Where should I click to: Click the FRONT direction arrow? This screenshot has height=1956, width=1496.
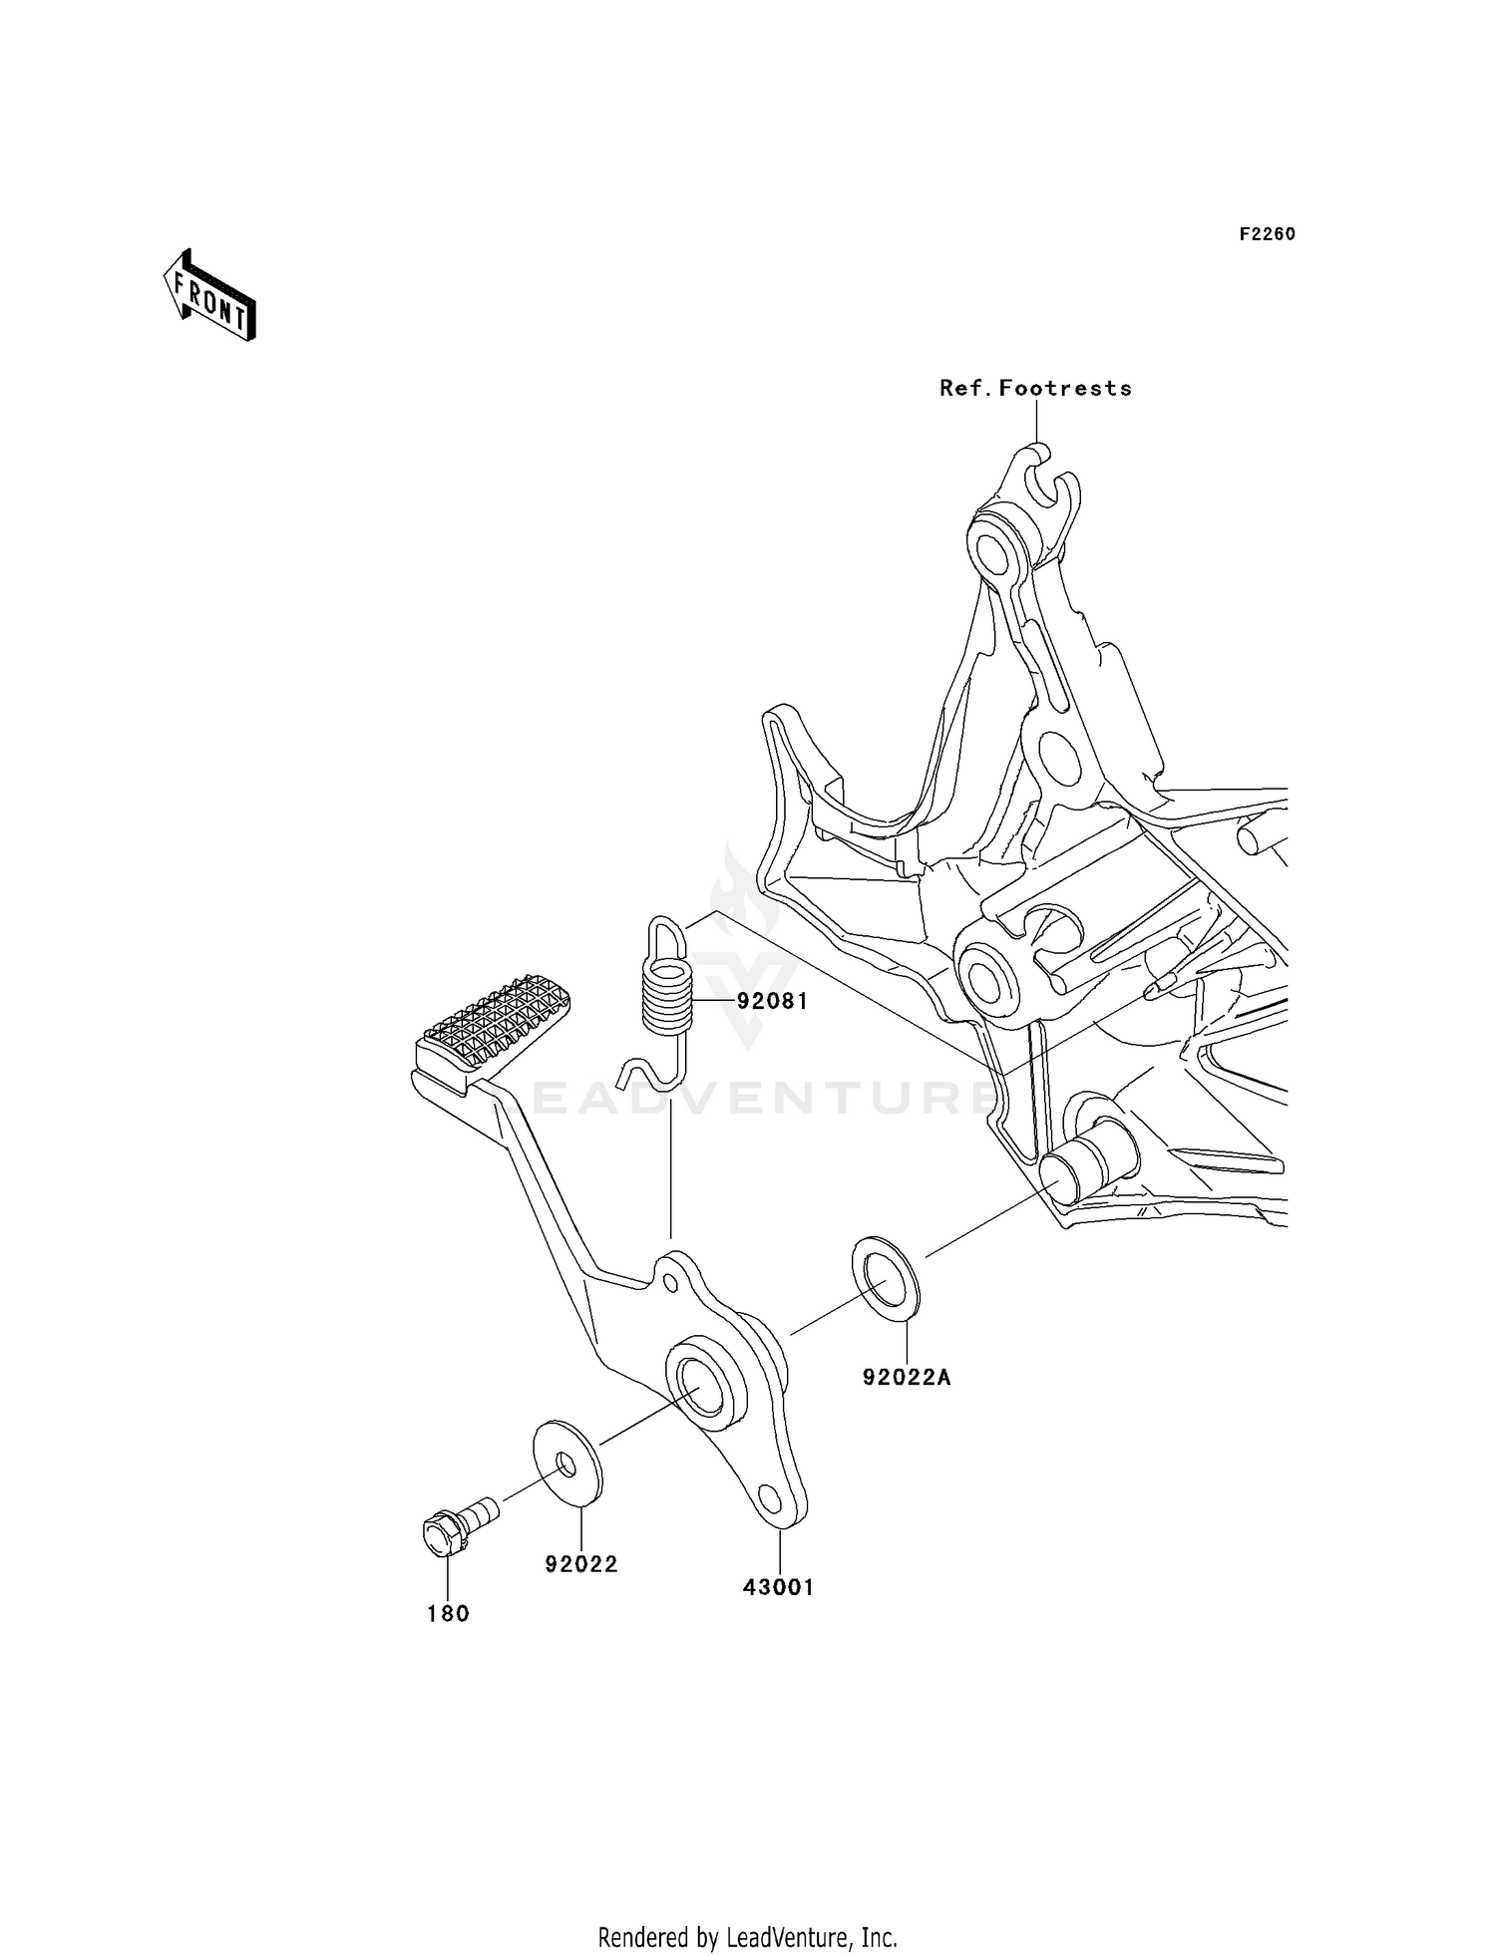tap(210, 298)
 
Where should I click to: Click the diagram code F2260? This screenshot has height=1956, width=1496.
tap(1267, 234)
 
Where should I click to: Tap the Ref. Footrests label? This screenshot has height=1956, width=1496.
tap(1035, 389)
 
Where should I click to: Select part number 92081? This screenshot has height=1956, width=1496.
tap(772, 1001)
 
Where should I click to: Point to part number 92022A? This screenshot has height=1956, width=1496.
tap(907, 1378)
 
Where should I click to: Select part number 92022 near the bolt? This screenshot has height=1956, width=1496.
tap(581, 1564)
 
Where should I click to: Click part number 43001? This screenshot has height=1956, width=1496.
tap(778, 1586)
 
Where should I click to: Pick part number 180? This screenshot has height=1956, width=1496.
tap(448, 1613)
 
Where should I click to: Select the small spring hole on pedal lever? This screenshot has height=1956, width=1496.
tap(671, 1280)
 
